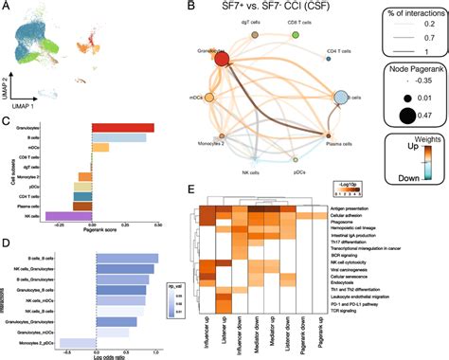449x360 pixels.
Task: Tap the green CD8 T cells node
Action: [296, 35]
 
